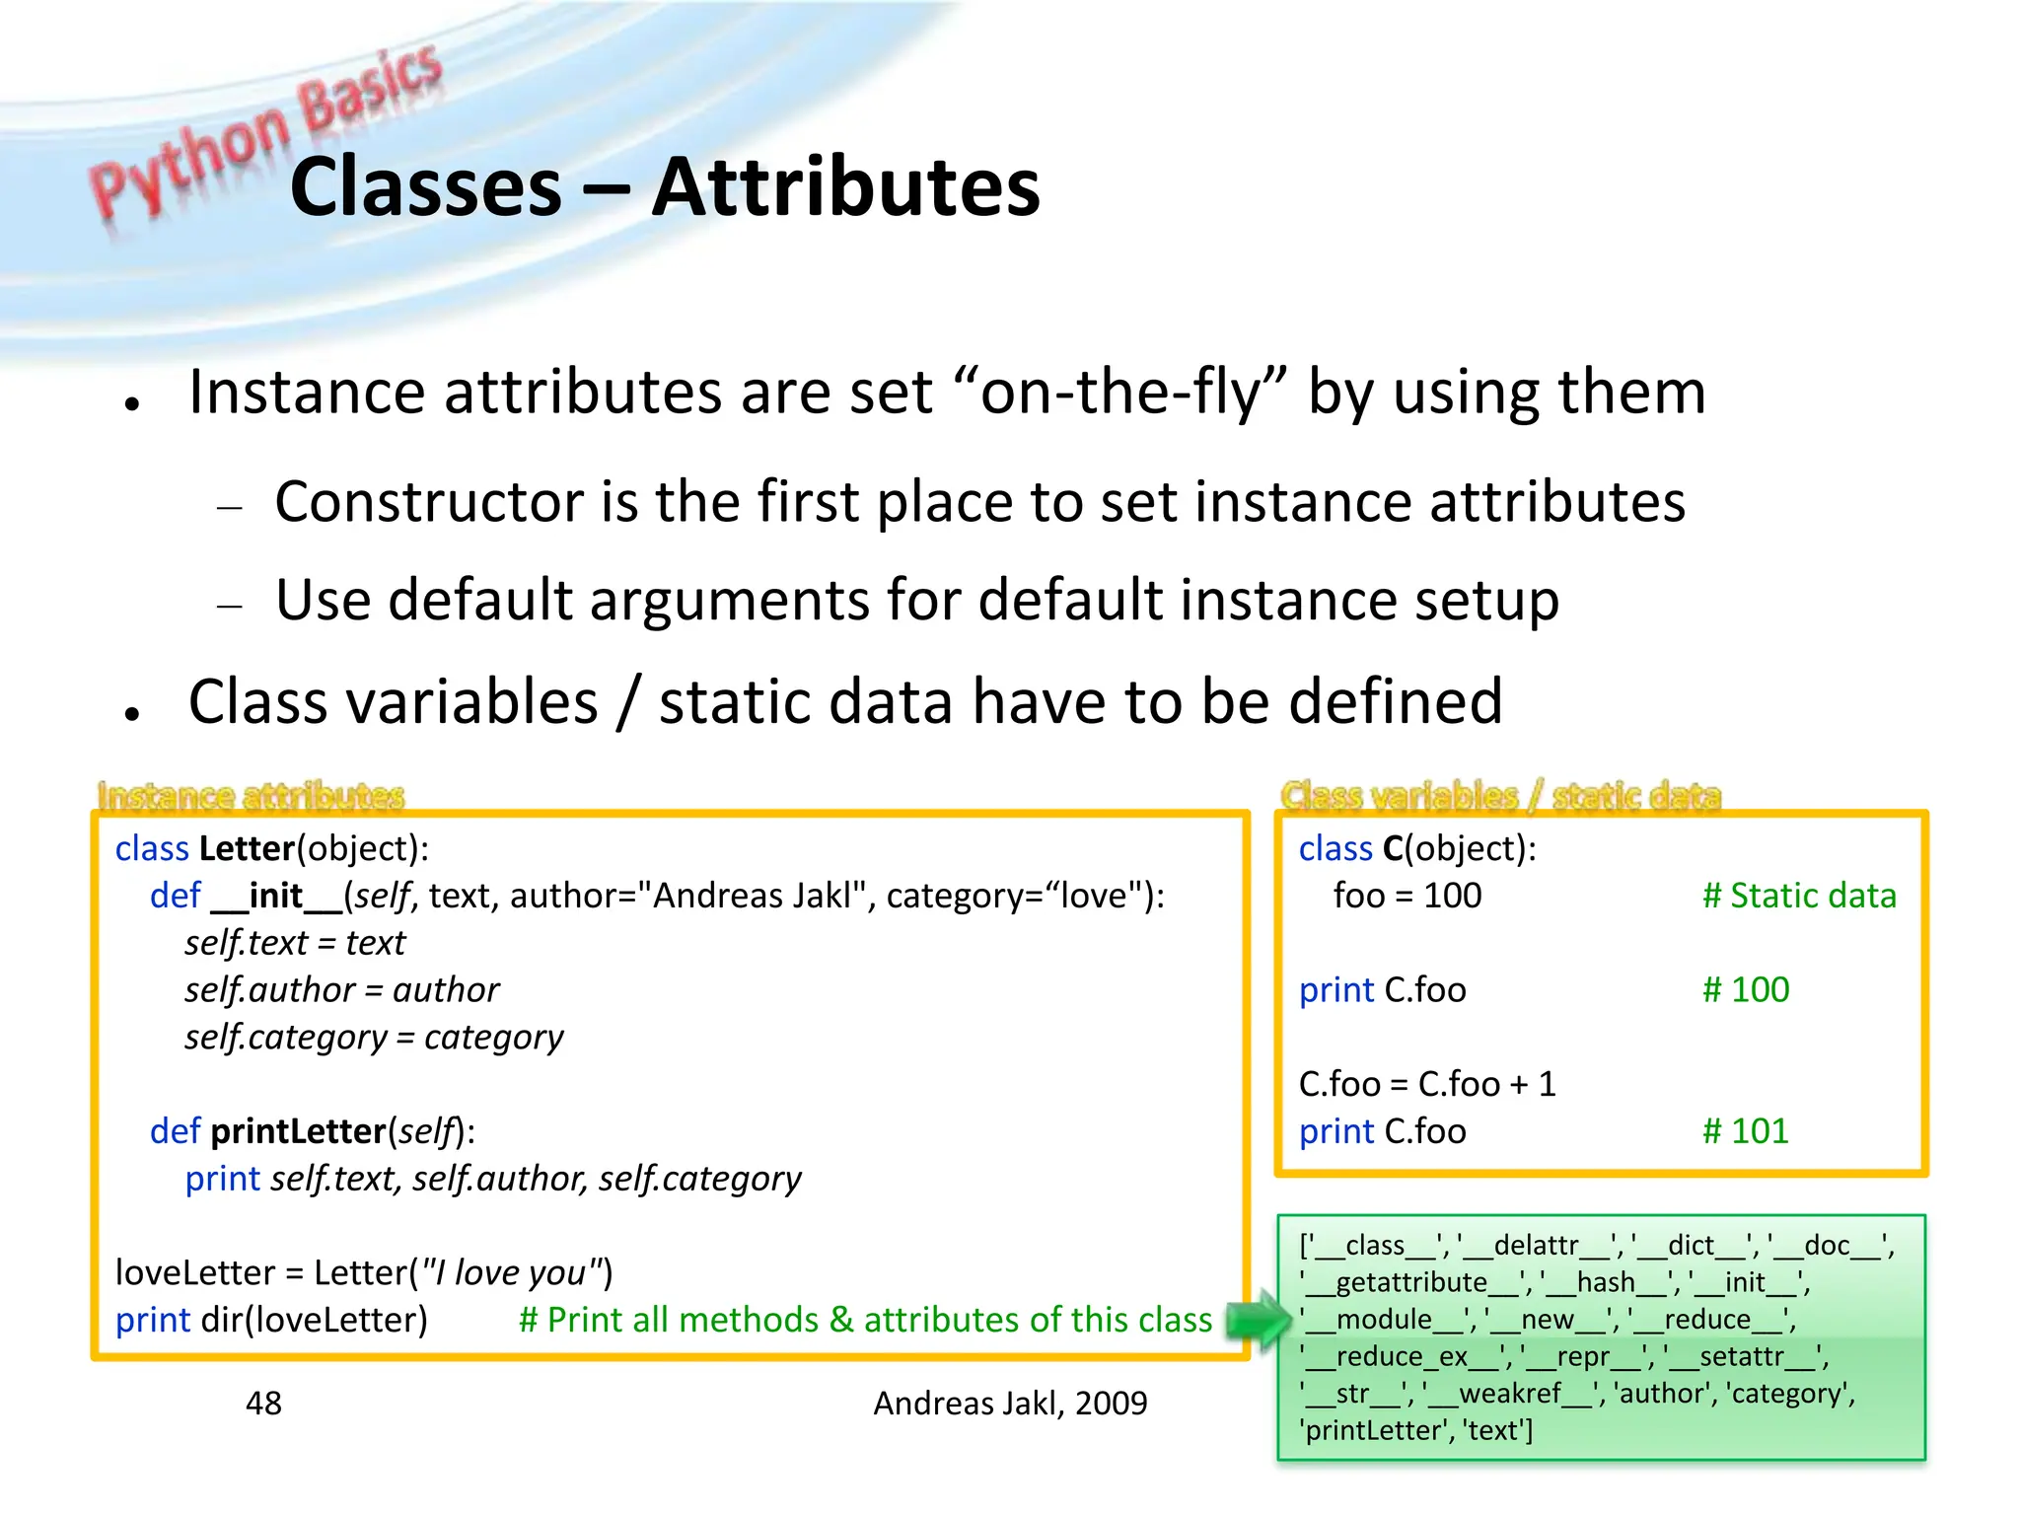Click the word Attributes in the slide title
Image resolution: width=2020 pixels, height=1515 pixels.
[x=845, y=187]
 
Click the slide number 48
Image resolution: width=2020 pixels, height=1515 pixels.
[x=263, y=1403]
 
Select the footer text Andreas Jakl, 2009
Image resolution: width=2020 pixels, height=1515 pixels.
[x=1010, y=1403]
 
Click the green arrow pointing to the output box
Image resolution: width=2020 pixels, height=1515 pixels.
[x=1258, y=1320]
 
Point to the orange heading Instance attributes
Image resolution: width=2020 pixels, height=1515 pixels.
[x=251, y=795]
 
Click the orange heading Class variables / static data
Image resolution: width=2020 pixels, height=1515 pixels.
[x=1499, y=795]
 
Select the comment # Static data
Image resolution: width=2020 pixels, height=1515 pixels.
[x=1798, y=896]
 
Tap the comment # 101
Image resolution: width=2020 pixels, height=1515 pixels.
[x=1745, y=1131]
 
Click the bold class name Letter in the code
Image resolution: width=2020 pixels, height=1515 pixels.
[x=247, y=848]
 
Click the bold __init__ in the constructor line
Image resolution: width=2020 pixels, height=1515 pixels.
[x=276, y=896]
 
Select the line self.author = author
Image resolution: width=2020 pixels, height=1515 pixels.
[x=341, y=989]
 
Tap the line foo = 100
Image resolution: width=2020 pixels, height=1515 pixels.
[x=1407, y=896]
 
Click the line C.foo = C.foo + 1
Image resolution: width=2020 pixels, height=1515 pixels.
[x=1426, y=1084]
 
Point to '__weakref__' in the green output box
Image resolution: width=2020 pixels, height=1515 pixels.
[x=1508, y=1393]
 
